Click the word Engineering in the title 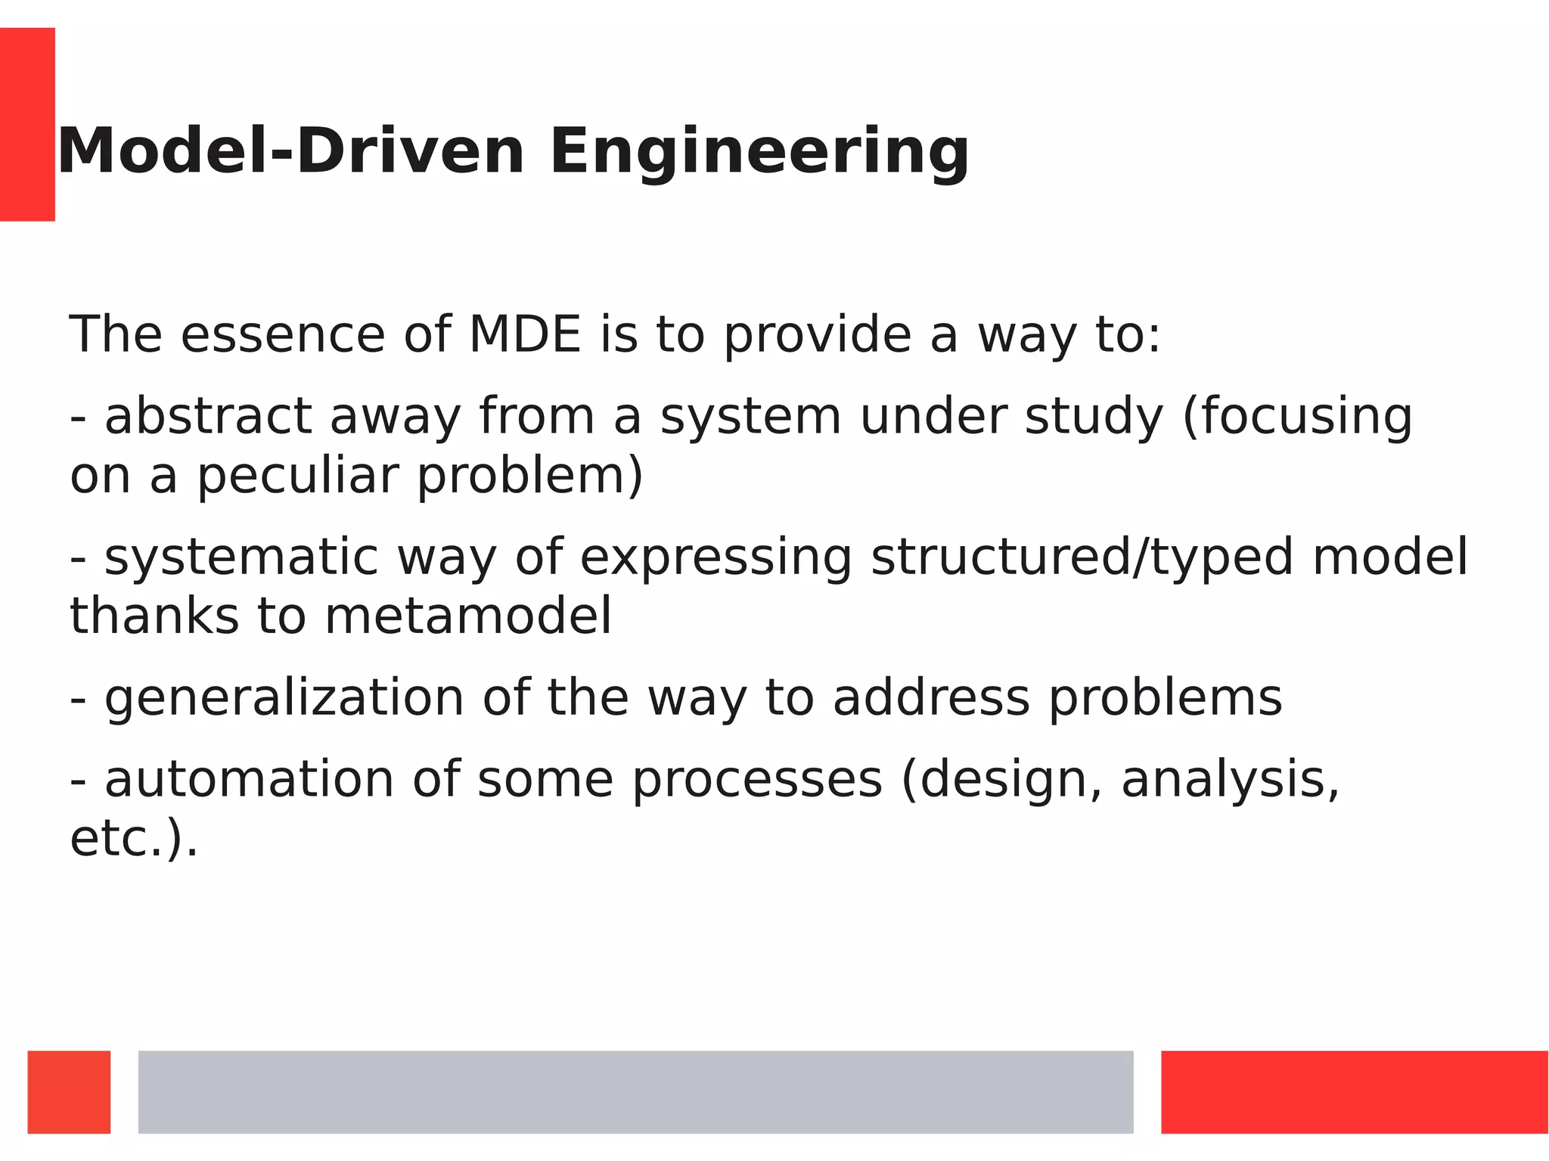point(759,153)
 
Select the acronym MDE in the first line point(525,334)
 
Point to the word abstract point(208,417)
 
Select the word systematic point(241,557)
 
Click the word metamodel point(468,616)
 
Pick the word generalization point(284,699)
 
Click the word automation point(249,780)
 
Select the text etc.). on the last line point(134,840)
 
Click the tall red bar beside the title point(27,124)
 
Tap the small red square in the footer point(69,1091)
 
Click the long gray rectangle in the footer point(635,1091)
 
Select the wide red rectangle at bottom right point(1354,1091)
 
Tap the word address point(931,697)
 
